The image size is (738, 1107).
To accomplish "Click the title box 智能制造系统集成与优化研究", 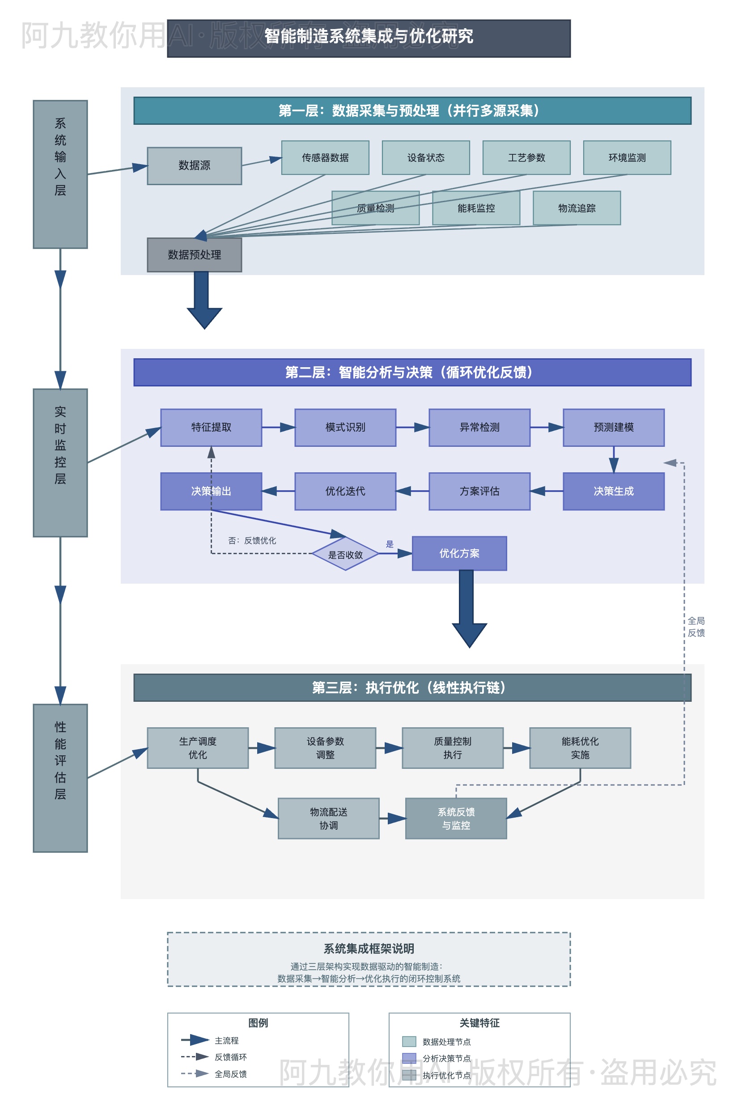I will pos(369,38).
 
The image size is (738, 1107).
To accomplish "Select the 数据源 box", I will pos(195,165).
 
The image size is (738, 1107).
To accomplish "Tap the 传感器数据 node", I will pos(325,158).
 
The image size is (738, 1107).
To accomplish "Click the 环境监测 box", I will pos(627,158).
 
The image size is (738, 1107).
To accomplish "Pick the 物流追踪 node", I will pos(577,208).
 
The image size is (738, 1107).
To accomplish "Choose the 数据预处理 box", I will pos(195,254).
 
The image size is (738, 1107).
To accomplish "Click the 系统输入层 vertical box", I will pos(60,174).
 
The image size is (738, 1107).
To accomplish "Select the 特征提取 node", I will pos(211,427).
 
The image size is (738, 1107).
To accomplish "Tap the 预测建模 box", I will pos(613,427).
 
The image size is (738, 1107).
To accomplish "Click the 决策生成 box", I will pos(613,492).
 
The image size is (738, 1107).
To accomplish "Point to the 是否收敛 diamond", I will pos(345,555).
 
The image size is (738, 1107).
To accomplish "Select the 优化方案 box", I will pos(459,554).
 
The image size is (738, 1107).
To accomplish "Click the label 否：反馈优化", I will pos(252,541).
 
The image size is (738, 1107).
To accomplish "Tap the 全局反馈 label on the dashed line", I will pos(696,627).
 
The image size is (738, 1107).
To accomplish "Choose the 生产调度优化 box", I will pos(198,748).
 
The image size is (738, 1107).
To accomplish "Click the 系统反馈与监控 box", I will pos(456,819).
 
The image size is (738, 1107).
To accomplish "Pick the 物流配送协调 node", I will pos(329,819).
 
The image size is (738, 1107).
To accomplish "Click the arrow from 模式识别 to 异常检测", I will pos(412,427).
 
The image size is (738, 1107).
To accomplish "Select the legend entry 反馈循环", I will pos(231,1057).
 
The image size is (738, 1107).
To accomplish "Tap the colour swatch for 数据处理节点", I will pos(409,1041).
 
